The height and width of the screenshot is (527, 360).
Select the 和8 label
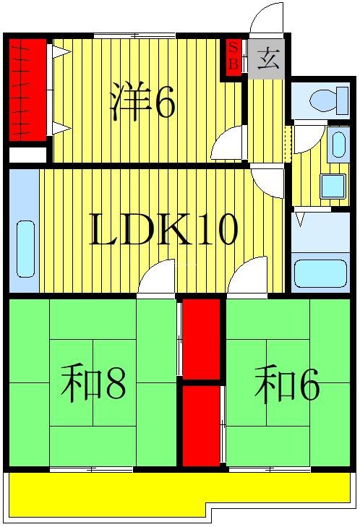click(93, 383)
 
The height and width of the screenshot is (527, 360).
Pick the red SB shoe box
click(233, 56)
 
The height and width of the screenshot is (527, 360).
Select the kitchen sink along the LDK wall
click(25, 249)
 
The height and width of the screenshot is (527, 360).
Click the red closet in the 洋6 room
click(27, 90)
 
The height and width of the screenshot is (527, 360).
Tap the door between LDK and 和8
click(158, 280)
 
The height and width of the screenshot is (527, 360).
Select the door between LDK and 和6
click(249, 280)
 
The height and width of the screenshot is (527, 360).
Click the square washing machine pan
click(333, 186)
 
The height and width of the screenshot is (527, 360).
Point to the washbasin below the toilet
click(337, 145)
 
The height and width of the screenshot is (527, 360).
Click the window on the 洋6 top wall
click(134, 35)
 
